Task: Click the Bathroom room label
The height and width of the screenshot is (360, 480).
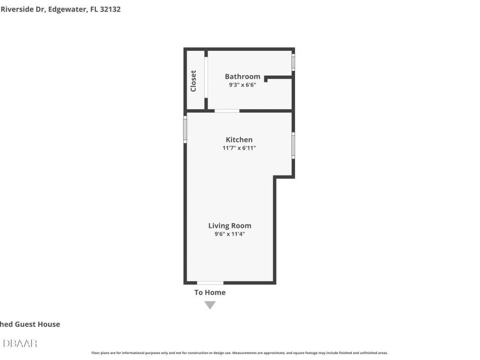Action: (242, 76)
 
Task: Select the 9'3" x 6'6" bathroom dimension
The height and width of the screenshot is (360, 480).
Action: (242, 85)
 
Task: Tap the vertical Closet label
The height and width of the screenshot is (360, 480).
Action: (194, 81)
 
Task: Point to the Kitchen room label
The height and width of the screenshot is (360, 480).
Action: (239, 140)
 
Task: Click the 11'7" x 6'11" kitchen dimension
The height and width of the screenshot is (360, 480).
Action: (239, 148)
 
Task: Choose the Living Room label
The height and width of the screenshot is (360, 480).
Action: (229, 226)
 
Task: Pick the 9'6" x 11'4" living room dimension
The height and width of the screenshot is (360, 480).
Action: (229, 234)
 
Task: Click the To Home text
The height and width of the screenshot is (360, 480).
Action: (210, 292)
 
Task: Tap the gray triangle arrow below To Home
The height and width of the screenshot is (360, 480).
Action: (210, 305)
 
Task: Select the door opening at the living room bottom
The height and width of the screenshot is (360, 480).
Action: (210, 282)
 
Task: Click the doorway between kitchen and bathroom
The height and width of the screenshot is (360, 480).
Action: (227, 111)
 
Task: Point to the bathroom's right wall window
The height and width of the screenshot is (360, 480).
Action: (293, 61)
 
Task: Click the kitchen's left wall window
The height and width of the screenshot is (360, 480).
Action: (185, 130)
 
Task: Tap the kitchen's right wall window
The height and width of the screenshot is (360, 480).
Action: (293, 145)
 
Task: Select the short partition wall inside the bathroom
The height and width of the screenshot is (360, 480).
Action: (278, 78)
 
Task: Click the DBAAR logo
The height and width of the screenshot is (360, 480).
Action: (20, 343)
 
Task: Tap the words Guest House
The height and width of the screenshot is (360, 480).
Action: (37, 324)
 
